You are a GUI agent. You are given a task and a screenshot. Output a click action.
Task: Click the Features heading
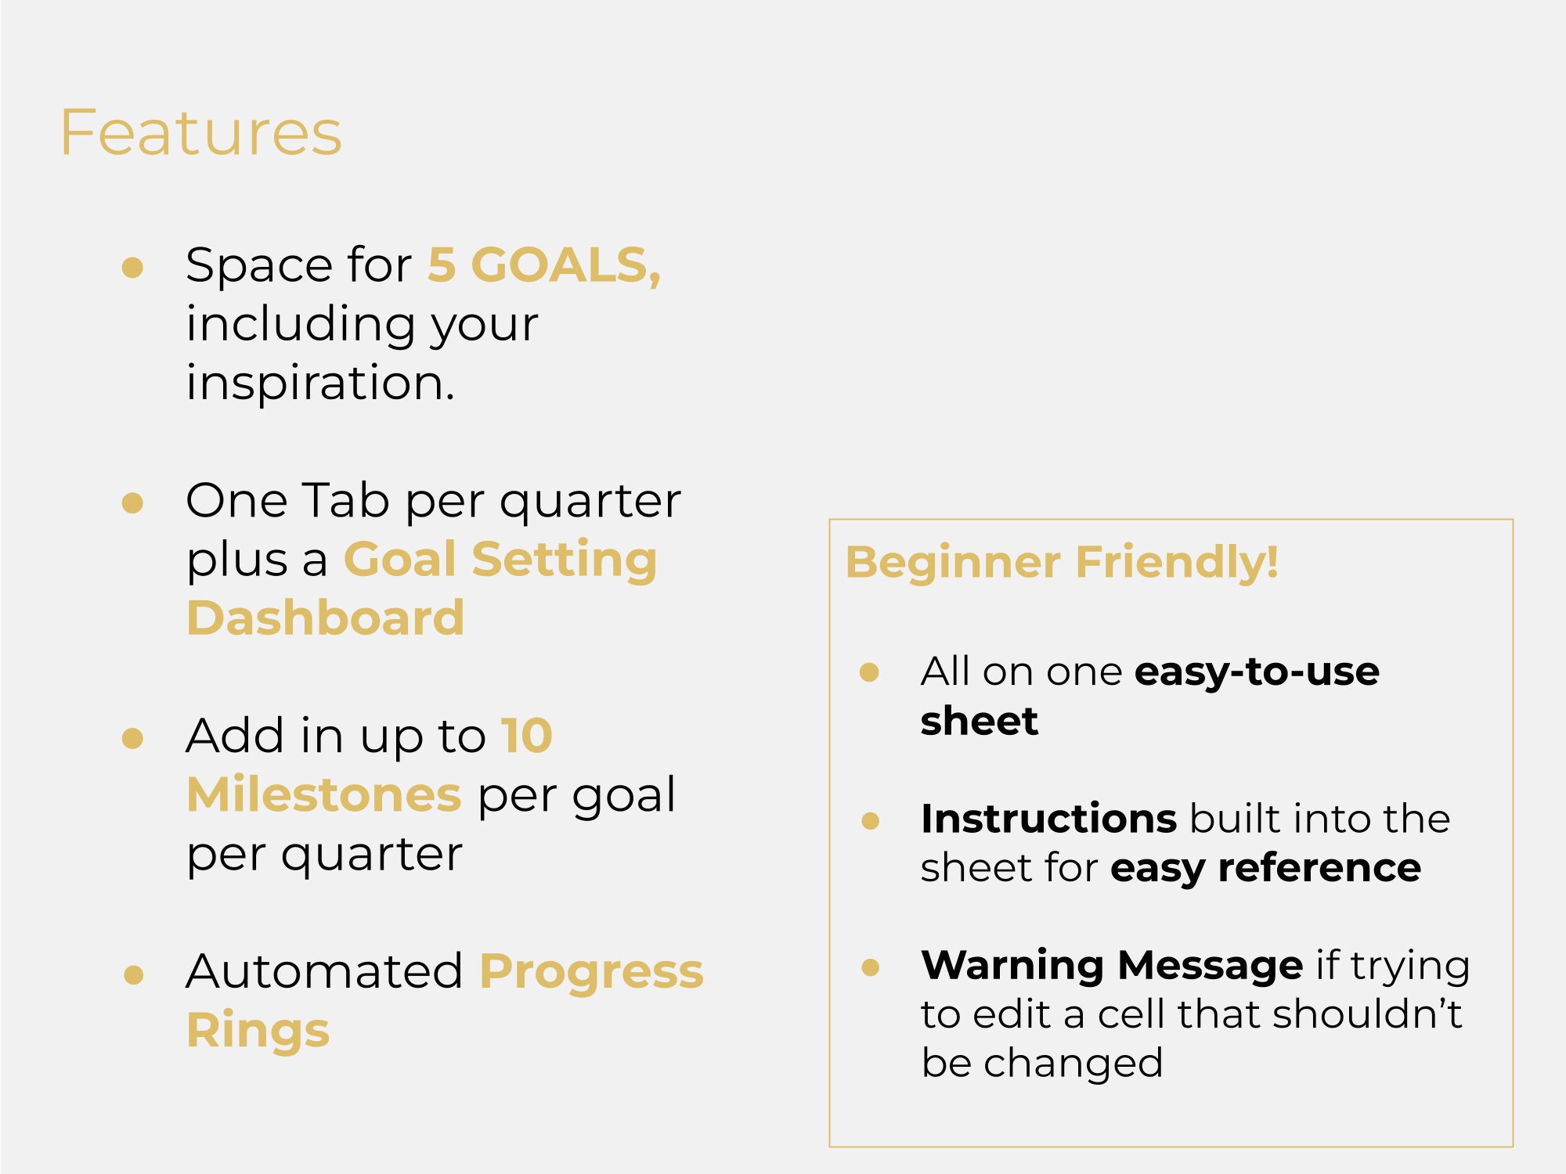(201, 133)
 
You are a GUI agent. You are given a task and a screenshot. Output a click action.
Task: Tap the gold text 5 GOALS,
(544, 265)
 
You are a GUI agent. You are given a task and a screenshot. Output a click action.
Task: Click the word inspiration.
(319, 384)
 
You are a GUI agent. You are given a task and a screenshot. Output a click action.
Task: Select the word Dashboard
(326, 618)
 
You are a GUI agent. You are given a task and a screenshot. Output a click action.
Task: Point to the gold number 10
(527, 736)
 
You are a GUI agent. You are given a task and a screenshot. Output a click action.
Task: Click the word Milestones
(324, 795)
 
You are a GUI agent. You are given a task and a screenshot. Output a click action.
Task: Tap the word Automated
(324, 971)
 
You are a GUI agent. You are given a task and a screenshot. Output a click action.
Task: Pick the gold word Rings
(258, 1030)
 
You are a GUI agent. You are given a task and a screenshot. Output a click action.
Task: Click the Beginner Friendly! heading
(1062, 562)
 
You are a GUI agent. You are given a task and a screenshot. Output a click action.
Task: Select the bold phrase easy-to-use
(1257, 672)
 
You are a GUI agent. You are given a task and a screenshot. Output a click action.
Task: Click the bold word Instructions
(1048, 819)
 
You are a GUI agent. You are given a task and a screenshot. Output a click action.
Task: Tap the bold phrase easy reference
(1265, 868)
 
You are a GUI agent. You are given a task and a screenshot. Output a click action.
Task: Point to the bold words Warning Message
(1112, 965)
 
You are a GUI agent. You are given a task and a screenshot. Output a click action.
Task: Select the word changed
(1073, 1064)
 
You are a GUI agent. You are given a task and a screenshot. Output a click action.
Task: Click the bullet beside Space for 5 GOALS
(133, 268)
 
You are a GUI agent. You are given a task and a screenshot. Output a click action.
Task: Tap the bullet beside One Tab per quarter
(133, 502)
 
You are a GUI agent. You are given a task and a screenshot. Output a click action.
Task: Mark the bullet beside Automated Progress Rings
(134, 974)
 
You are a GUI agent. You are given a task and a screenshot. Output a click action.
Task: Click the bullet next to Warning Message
(871, 967)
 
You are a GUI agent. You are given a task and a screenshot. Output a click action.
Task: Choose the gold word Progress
(591, 971)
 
